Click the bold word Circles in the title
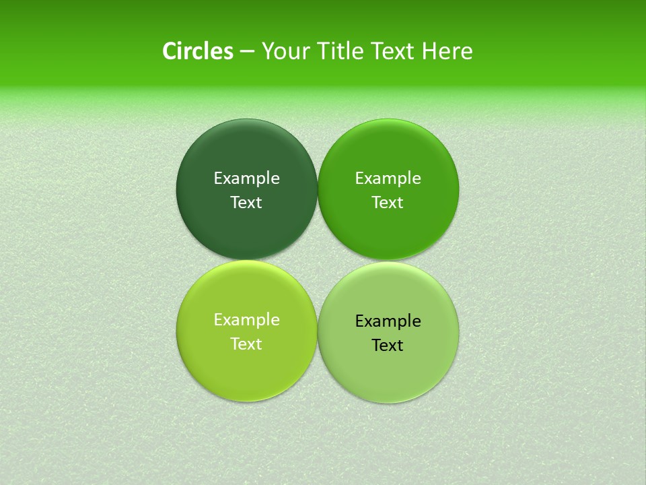(197, 51)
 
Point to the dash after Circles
(246, 52)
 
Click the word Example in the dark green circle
(246, 178)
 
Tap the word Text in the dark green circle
(246, 202)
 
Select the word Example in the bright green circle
(388, 178)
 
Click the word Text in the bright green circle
(388, 202)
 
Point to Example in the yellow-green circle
(246, 319)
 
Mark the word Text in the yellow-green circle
(246, 344)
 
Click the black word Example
(388, 321)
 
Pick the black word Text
(388, 345)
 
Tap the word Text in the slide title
(394, 51)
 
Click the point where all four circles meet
(318, 260)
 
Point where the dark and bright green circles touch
(318, 189)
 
